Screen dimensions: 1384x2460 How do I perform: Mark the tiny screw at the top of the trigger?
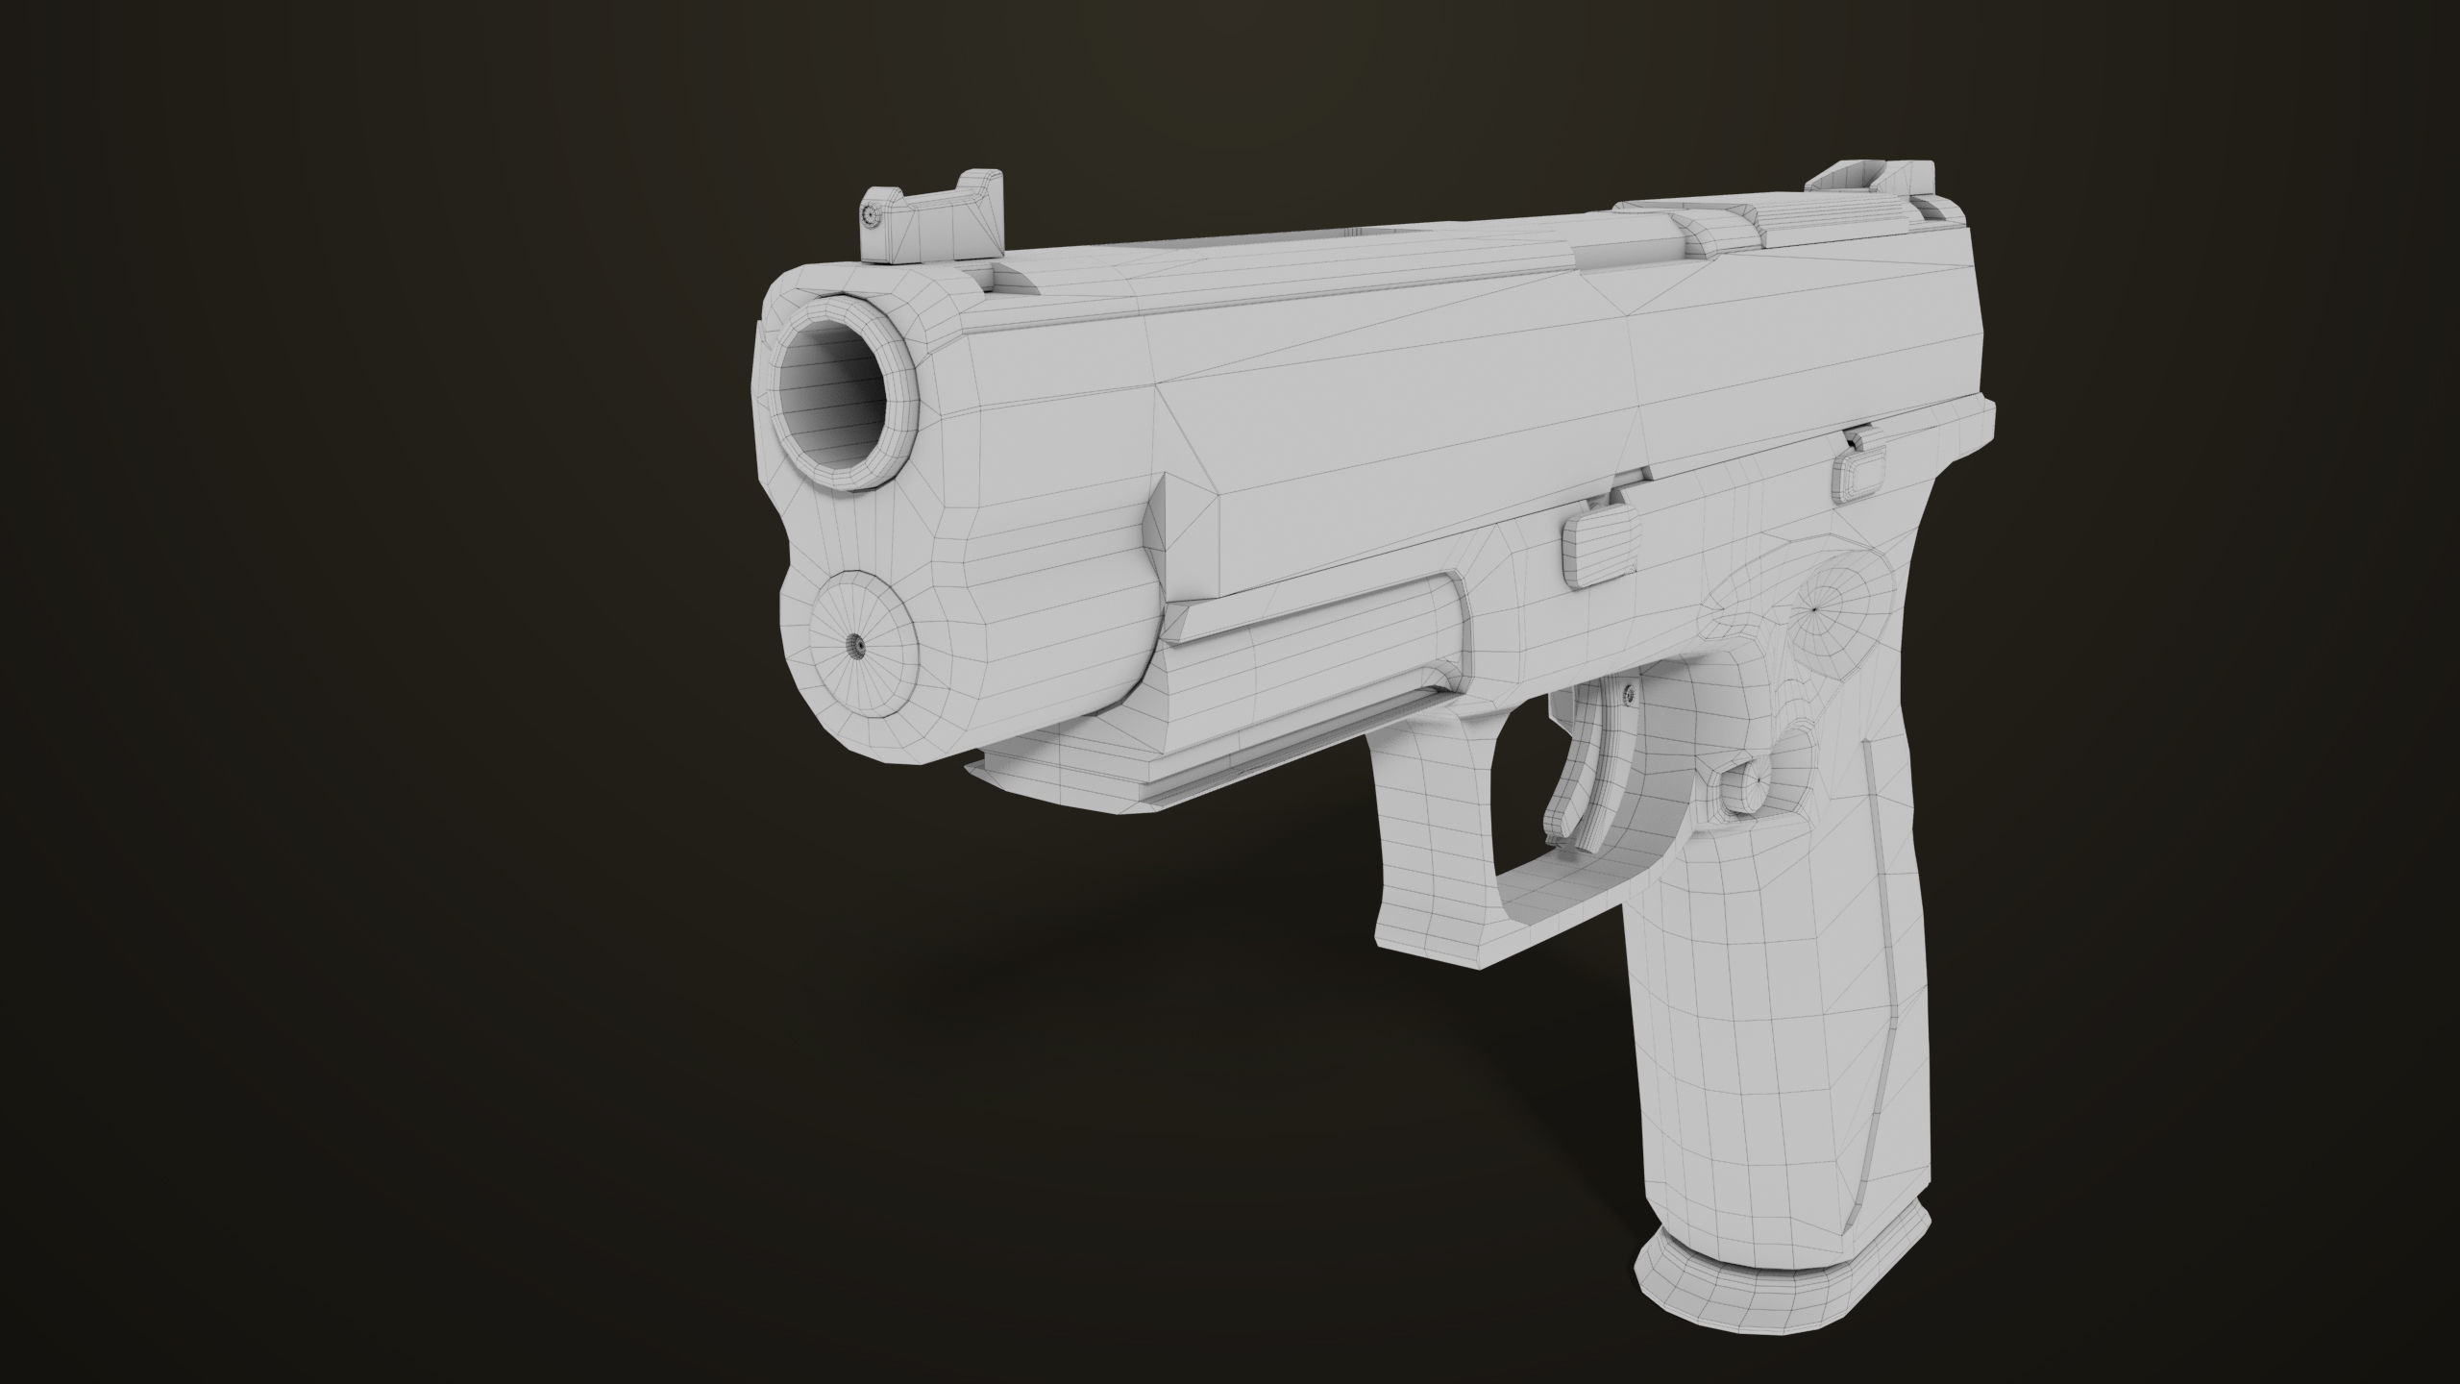pyautogui.click(x=1628, y=692)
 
